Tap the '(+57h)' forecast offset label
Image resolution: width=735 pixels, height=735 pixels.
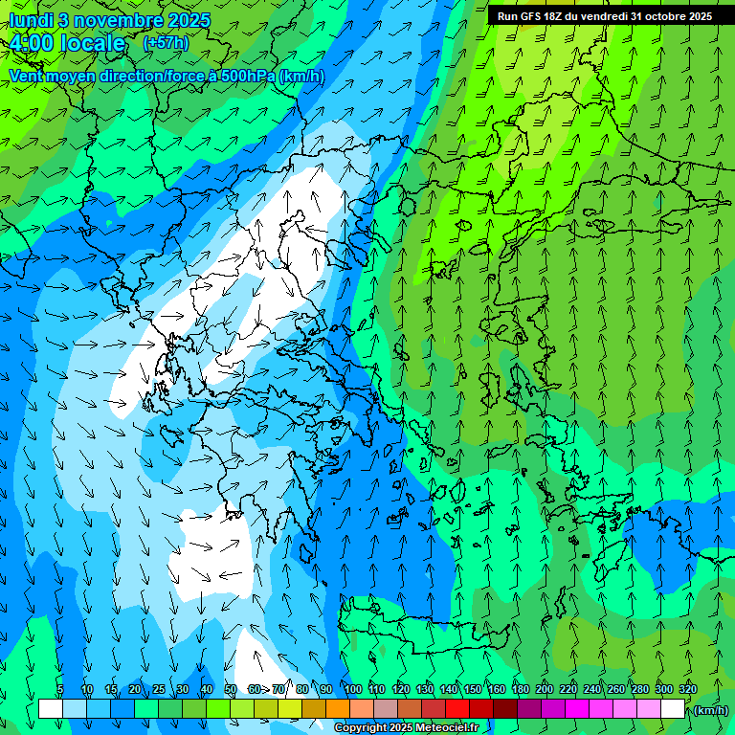point(166,43)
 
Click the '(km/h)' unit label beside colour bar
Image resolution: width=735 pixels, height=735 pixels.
point(710,710)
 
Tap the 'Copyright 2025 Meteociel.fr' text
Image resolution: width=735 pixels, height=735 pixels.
point(405,728)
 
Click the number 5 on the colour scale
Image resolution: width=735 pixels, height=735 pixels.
point(60,689)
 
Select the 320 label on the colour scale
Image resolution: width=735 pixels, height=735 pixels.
point(687,689)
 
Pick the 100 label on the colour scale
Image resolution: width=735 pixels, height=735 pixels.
point(352,689)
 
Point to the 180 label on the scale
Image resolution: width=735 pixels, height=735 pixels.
point(520,689)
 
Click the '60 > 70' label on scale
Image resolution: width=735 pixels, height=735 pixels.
point(266,689)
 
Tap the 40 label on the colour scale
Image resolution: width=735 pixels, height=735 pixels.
point(207,689)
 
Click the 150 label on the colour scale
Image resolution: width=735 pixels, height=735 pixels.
point(472,689)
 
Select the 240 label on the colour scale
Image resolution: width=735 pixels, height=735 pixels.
point(591,689)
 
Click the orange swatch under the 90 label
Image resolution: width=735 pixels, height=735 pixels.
point(338,709)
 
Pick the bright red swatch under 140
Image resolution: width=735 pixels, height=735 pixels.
point(457,709)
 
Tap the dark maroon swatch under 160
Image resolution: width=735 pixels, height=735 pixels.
point(505,709)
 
